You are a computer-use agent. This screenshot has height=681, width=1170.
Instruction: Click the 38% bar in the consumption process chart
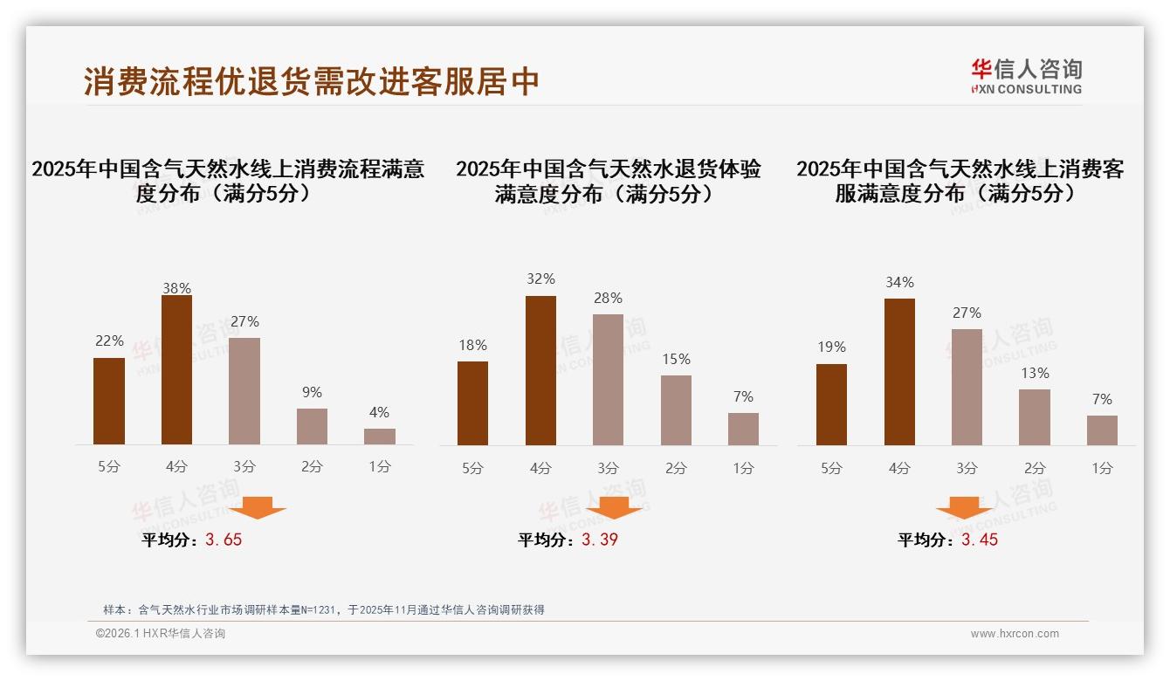tap(176, 370)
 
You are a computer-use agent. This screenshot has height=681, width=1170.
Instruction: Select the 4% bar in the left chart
tap(380, 437)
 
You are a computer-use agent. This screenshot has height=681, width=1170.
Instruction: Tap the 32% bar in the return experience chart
tap(540, 370)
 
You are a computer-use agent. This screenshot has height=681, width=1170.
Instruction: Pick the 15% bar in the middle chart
tap(676, 410)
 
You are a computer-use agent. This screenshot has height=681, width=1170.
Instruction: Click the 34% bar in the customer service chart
tap(899, 372)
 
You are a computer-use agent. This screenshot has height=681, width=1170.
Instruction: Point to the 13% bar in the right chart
tap(1035, 417)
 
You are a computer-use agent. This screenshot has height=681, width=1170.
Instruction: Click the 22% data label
tap(109, 341)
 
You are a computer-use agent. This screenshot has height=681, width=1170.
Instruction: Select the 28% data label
tap(608, 299)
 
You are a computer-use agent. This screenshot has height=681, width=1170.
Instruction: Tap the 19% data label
tap(831, 347)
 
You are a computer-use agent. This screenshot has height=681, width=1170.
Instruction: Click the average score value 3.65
tap(224, 540)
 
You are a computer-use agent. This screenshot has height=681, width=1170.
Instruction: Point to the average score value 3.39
tap(600, 540)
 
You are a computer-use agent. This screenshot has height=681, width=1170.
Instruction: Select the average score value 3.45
tap(980, 540)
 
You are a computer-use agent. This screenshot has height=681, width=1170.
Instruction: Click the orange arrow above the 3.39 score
tap(614, 507)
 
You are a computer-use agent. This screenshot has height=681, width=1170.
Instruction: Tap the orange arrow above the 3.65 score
tap(258, 507)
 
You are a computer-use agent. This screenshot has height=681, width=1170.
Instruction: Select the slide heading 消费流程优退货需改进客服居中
tap(312, 81)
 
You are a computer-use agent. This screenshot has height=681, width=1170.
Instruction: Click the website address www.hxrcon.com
tap(1015, 634)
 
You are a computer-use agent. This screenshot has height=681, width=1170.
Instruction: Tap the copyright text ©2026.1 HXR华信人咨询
tap(161, 634)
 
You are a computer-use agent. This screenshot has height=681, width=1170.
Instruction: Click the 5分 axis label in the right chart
tap(831, 468)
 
